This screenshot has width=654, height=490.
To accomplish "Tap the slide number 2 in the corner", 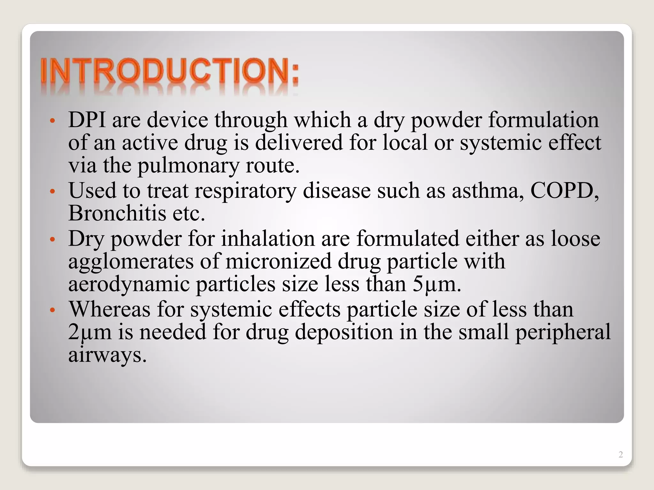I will (620, 455).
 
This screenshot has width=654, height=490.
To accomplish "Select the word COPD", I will (564, 191).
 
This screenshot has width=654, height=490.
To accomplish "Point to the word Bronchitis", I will (117, 213).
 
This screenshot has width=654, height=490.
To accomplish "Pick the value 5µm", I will (436, 284).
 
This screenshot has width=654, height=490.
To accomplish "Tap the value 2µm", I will (90, 332).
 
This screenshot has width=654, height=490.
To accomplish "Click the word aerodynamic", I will (129, 284).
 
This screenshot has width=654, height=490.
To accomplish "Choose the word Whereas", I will (110, 309).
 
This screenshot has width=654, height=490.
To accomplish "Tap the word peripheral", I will (563, 332).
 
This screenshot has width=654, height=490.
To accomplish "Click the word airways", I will (107, 355).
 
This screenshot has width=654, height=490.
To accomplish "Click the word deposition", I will (344, 332).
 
